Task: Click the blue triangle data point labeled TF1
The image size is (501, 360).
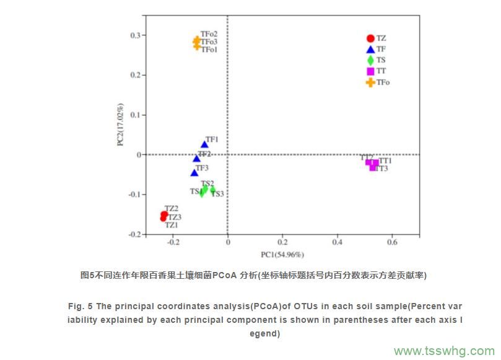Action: click(x=204, y=145)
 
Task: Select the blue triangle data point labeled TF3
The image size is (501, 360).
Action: click(x=194, y=173)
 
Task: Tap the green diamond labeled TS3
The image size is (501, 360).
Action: click(x=212, y=189)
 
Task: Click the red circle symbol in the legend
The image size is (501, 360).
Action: click(x=370, y=38)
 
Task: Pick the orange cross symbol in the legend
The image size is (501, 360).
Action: click(x=370, y=82)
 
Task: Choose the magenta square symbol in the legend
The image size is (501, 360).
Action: click(x=370, y=71)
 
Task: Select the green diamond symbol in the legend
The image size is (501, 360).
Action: click(x=370, y=60)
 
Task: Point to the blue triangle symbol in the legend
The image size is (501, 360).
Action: click(x=370, y=50)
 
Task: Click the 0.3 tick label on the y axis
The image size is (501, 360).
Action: click(x=136, y=35)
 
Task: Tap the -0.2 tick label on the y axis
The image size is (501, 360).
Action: click(x=134, y=234)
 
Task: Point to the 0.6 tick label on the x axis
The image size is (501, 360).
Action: click(x=391, y=242)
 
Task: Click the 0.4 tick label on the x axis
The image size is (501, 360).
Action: click(x=337, y=242)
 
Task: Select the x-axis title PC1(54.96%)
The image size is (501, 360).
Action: click(x=282, y=255)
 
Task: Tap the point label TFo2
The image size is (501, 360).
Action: click(x=209, y=34)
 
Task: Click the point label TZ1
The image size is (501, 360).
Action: click(x=172, y=225)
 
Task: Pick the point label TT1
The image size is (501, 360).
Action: click(x=385, y=160)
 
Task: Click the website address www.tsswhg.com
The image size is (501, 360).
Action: click(x=443, y=350)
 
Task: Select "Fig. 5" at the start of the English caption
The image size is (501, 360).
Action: click(x=81, y=307)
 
